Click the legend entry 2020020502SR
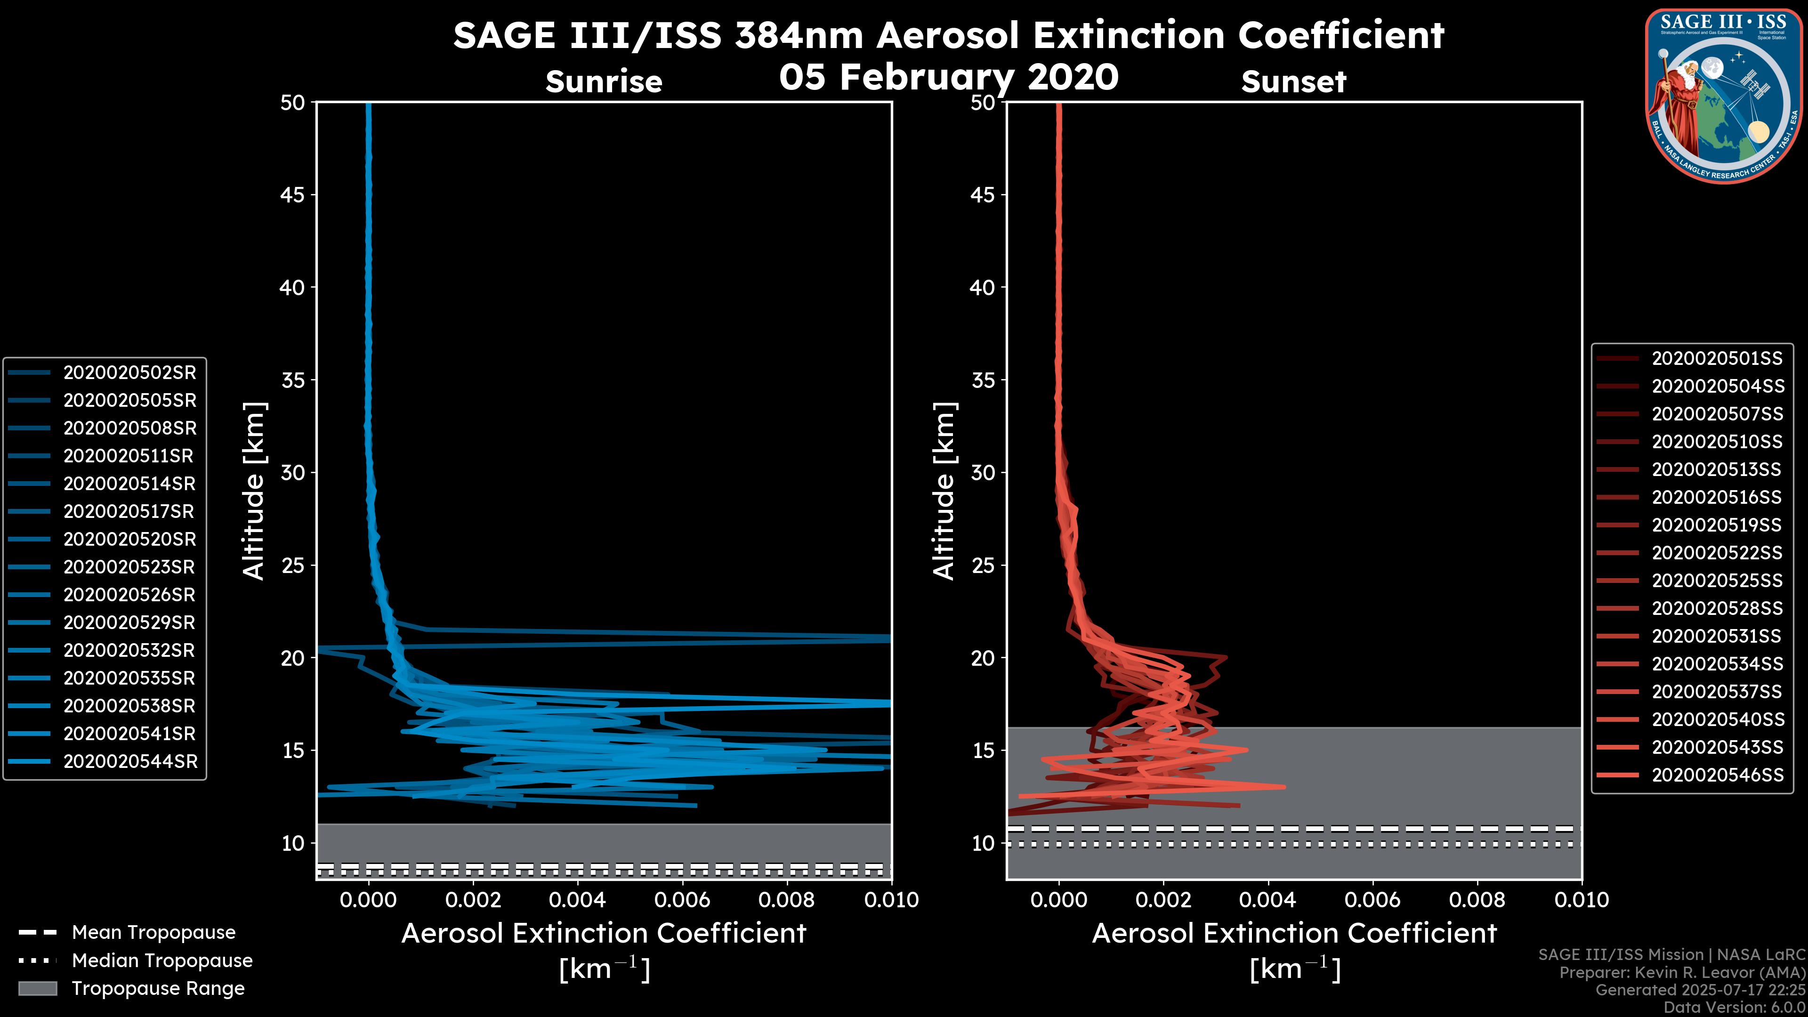point(130,373)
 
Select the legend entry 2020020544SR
point(130,761)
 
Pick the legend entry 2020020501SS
point(1717,359)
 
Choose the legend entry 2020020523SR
point(129,567)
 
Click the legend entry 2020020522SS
point(1717,553)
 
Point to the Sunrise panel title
point(604,81)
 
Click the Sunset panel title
point(1293,82)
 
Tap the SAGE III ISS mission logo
point(1725,96)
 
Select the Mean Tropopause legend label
point(153,932)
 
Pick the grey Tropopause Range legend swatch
point(37,988)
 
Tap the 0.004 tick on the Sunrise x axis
point(577,900)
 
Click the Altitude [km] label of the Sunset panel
point(944,491)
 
